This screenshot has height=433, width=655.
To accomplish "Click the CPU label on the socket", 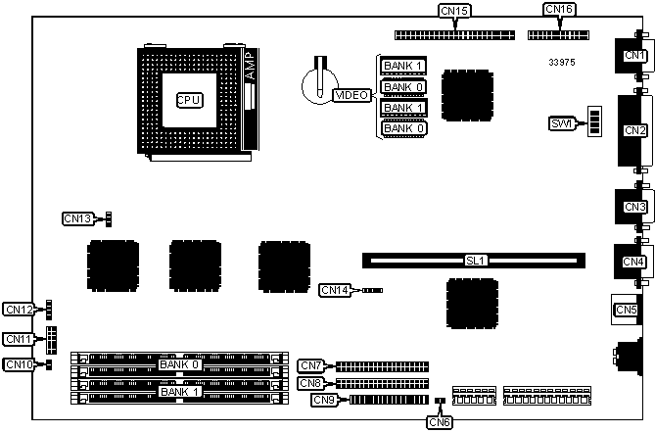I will [189, 100].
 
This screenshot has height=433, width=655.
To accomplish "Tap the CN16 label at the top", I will [559, 10].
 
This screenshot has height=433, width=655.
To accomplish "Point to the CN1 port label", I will [634, 56].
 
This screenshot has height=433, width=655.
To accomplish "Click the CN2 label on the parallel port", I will [634, 130].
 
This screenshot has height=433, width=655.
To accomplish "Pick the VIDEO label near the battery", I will [351, 95].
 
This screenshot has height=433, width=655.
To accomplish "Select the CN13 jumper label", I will [77, 218].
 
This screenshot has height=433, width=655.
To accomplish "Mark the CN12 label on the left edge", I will [19, 310].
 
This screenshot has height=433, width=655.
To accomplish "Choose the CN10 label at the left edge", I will [19, 365].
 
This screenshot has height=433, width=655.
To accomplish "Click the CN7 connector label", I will [311, 365].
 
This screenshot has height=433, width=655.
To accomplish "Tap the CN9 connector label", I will [325, 399].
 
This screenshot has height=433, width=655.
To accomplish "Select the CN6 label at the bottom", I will [441, 422].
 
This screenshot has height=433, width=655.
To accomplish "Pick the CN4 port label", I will [634, 262].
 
